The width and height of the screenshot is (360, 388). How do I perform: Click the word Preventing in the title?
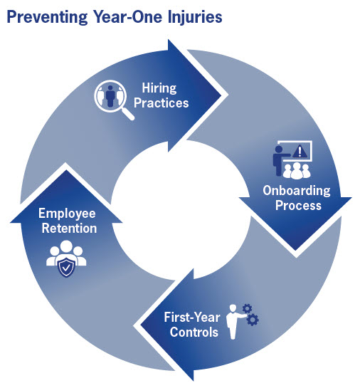[x=43, y=15]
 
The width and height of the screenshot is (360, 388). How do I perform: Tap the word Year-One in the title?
[x=122, y=15]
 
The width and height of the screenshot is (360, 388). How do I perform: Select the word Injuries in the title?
[x=186, y=15]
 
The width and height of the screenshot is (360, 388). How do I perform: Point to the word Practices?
[x=164, y=103]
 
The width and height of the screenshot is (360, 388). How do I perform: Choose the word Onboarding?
[x=297, y=191]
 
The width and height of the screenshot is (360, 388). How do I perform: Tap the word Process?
[x=297, y=205]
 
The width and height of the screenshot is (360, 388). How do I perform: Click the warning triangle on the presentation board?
[x=303, y=152]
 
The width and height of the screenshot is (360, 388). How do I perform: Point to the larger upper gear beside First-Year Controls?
[x=247, y=308]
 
